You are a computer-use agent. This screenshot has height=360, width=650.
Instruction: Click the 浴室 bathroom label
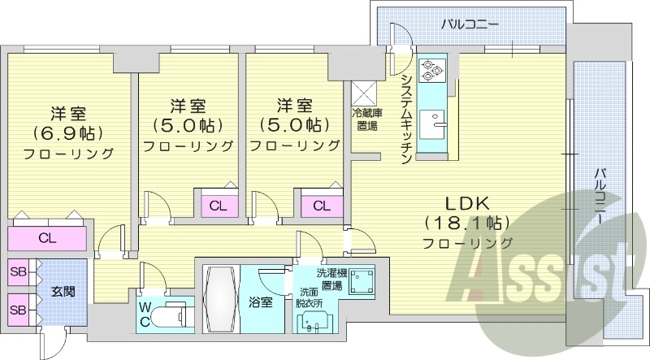pyautogui.click(x=261, y=301)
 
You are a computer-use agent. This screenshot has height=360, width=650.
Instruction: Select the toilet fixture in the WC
pyautogui.click(x=171, y=314)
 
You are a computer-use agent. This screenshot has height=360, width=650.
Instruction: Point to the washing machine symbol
pyautogui.click(x=361, y=282)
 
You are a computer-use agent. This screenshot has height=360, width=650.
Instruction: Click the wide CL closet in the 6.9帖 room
pyautogui.click(x=47, y=239)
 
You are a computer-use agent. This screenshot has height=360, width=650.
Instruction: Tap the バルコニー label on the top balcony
pyautogui.click(x=470, y=24)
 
